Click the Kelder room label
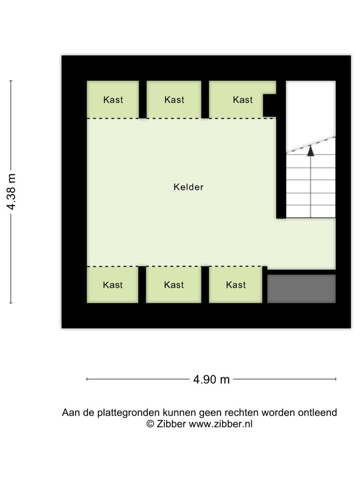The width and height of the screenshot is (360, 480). [188, 187]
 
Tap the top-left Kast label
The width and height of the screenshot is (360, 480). [113, 99]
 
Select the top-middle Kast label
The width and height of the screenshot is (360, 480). [174, 99]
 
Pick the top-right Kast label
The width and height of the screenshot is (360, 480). [243, 99]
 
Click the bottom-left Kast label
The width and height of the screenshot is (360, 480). [112, 285]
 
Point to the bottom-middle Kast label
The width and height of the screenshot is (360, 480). [174, 285]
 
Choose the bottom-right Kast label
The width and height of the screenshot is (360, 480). [236, 285]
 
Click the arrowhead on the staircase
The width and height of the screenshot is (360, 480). [311, 150]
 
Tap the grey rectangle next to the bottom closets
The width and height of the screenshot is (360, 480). [301, 289]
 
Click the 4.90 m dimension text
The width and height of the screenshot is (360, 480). [211, 380]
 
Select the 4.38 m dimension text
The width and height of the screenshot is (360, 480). [11, 192]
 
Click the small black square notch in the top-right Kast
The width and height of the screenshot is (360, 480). [270, 105]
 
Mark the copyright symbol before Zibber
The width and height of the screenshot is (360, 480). [150, 424]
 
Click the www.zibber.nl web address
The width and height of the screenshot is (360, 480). [220, 424]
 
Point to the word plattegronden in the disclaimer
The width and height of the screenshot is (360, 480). [128, 412]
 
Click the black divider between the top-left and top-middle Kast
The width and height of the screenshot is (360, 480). [142, 99]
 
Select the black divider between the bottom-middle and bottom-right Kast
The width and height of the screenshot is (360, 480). [205, 285]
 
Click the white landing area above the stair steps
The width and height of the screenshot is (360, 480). [311, 113]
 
